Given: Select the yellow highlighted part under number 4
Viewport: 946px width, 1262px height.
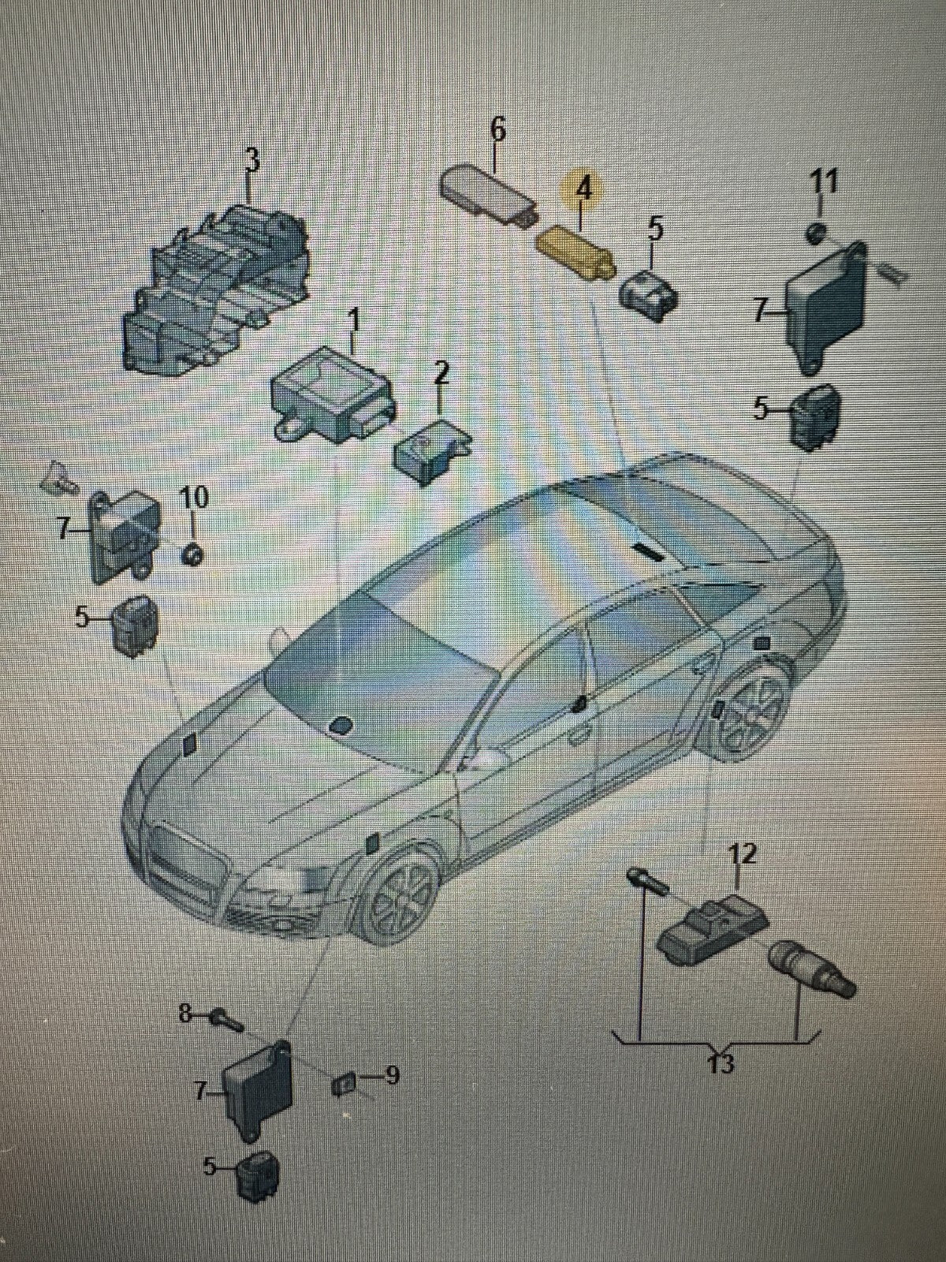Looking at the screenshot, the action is coord(576,252).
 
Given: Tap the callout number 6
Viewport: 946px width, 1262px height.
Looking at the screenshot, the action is coord(497,130).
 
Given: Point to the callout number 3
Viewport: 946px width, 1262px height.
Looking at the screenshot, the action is coord(252,160).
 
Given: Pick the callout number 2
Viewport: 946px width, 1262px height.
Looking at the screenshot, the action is coord(441,375).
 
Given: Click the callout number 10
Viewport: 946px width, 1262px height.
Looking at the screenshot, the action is coord(194,498).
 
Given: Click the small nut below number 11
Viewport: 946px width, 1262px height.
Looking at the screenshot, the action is coord(816,232).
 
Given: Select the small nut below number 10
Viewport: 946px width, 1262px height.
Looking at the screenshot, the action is coord(192,555).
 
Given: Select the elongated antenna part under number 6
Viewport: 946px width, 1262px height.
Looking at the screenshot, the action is coord(488,196).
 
